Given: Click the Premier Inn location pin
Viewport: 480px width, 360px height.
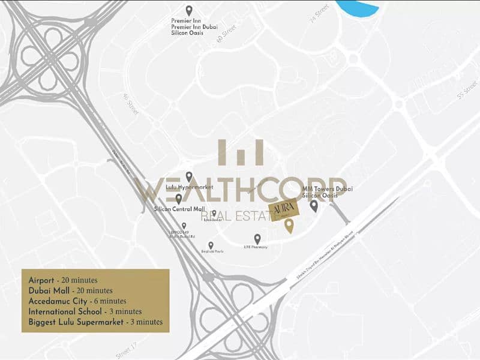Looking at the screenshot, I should (x=189, y=10).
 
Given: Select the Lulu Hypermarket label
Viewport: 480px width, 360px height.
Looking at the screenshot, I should (x=189, y=187).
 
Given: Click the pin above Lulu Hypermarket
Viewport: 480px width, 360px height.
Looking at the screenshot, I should (x=189, y=176).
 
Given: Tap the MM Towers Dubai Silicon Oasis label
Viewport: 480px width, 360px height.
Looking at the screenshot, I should (x=326, y=192).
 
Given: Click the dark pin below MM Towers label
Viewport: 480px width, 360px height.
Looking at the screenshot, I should (x=314, y=206).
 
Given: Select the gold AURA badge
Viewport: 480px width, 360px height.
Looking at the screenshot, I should (x=281, y=211).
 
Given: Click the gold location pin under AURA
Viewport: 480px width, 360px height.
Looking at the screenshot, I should (x=289, y=226).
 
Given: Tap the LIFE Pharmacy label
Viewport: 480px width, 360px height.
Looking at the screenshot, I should (x=256, y=247).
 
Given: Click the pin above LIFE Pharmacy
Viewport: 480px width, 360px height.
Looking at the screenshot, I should (x=257, y=239).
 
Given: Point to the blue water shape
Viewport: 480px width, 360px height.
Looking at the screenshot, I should (x=358, y=8).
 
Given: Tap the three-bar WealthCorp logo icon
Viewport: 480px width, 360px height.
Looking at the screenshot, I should (x=241, y=152).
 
